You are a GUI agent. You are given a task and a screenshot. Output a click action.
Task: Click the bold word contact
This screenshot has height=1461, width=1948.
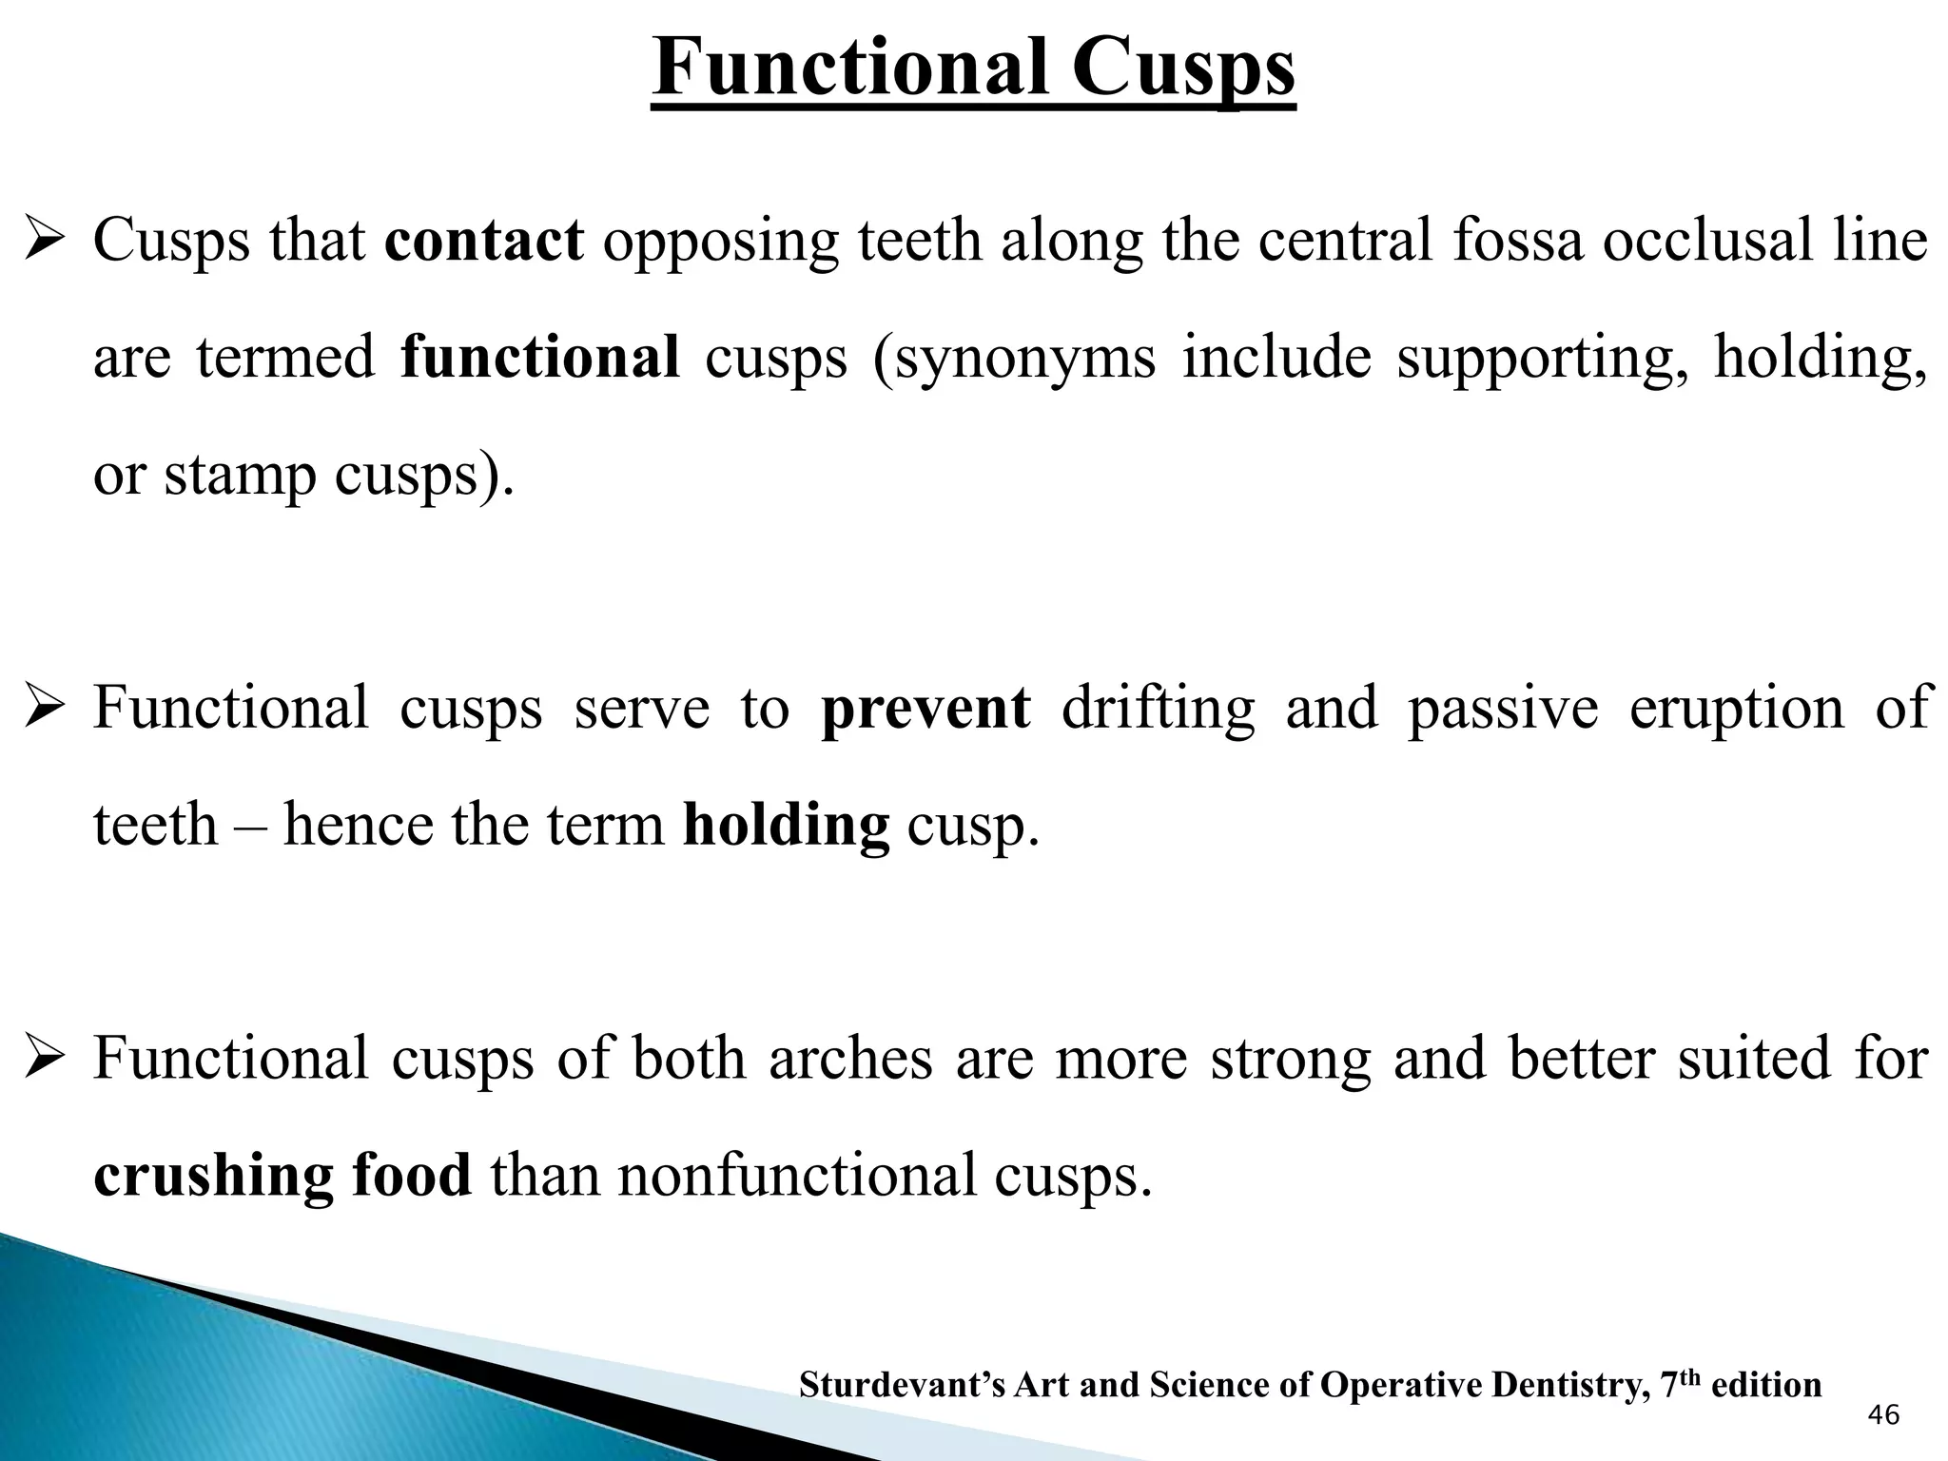pyautogui.click(x=484, y=240)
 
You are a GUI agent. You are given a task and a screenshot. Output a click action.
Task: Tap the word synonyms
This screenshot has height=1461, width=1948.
pyautogui.click(x=1025, y=359)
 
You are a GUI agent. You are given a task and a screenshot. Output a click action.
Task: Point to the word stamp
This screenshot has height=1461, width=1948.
pyautogui.click(x=240, y=475)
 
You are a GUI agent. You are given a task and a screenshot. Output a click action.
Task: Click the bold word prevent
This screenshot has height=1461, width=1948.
pyautogui.click(x=925, y=709)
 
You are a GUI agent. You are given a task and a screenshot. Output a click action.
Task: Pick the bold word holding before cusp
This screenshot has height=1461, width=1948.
pyautogui.click(x=786, y=825)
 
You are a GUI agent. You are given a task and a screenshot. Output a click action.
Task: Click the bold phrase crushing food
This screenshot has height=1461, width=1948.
pyautogui.click(x=282, y=1175)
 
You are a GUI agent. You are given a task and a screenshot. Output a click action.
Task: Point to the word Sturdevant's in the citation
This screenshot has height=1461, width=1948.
pyautogui.click(x=902, y=1385)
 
